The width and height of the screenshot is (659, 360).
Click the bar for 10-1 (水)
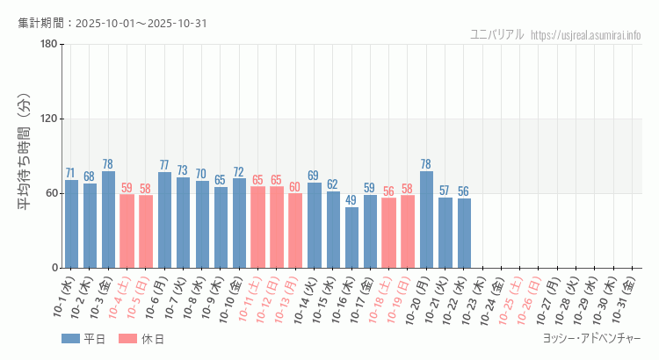click(71, 224)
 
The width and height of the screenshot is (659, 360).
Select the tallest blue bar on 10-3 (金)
click(108, 220)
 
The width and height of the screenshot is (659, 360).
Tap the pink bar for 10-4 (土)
click(127, 231)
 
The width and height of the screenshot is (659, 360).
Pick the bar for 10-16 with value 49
click(351, 237)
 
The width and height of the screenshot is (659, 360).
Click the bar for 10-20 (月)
click(426, 220)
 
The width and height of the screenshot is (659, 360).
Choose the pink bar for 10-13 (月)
click(295, 230)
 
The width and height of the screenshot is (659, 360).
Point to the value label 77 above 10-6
click(164, 165)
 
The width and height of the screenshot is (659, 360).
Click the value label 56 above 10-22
click(464, 191)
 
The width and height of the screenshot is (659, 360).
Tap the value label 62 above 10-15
click(333, 184)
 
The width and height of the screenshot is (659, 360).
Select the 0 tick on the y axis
click(54, 268)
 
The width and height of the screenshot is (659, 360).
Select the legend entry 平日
click(83, 339)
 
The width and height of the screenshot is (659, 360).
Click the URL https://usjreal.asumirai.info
click(586, 35)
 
